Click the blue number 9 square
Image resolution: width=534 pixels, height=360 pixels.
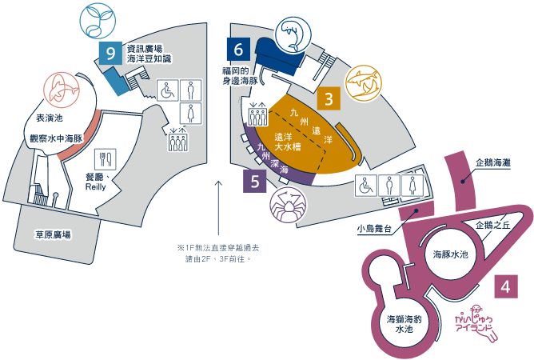[110, 53]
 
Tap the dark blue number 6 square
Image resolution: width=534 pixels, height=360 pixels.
[238, 50]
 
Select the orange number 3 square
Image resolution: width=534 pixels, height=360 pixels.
[329, 98]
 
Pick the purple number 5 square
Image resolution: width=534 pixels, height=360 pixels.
[255, 181]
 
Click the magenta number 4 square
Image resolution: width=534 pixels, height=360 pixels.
[506, 286]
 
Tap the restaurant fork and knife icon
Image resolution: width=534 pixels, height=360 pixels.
[106, 159]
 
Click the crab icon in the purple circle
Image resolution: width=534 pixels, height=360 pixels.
[288, 205]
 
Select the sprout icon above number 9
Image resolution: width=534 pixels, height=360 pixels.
[98, 21]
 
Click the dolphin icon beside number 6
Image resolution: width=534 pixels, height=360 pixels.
[293, 35]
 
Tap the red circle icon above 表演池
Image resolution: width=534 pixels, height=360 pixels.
[62, 90]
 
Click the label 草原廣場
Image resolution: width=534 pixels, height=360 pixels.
[54, 234]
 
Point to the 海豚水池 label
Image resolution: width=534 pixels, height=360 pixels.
[451, 254]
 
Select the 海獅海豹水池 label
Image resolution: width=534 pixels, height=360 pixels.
[404, 324]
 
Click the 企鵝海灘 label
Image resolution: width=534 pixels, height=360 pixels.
[493, 163]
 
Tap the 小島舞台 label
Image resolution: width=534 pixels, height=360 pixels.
[374, 229]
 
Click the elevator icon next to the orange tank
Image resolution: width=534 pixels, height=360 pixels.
[257, 114]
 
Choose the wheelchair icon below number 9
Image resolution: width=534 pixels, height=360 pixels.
[168, 90]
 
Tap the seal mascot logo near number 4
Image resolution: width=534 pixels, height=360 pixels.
[476, 322]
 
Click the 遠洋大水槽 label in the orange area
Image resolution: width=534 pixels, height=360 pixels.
[288, 142]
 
